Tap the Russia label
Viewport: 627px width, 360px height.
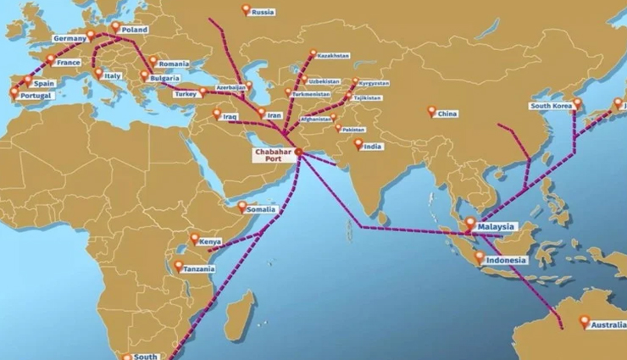(x=264, y=12)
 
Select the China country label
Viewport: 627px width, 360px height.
(x=447, y=114)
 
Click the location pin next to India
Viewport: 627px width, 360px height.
(x=358, y=145)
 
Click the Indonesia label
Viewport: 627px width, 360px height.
(x=507, y=260)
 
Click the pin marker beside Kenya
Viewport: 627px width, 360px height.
(x=195, y=239)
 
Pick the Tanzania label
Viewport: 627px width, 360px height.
(x=199, y=269)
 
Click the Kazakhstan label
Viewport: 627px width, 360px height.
(x=333, y=55)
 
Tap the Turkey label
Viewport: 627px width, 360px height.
(x=186, y=94)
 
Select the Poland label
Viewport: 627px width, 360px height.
(x=134, y=30)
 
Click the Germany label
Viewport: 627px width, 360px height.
(x=69, y=38)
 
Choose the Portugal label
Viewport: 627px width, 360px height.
(x=36, y=96)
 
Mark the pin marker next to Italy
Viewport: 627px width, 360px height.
(x=99, y=73)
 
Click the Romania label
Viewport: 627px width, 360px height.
(x=173, y=64)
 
